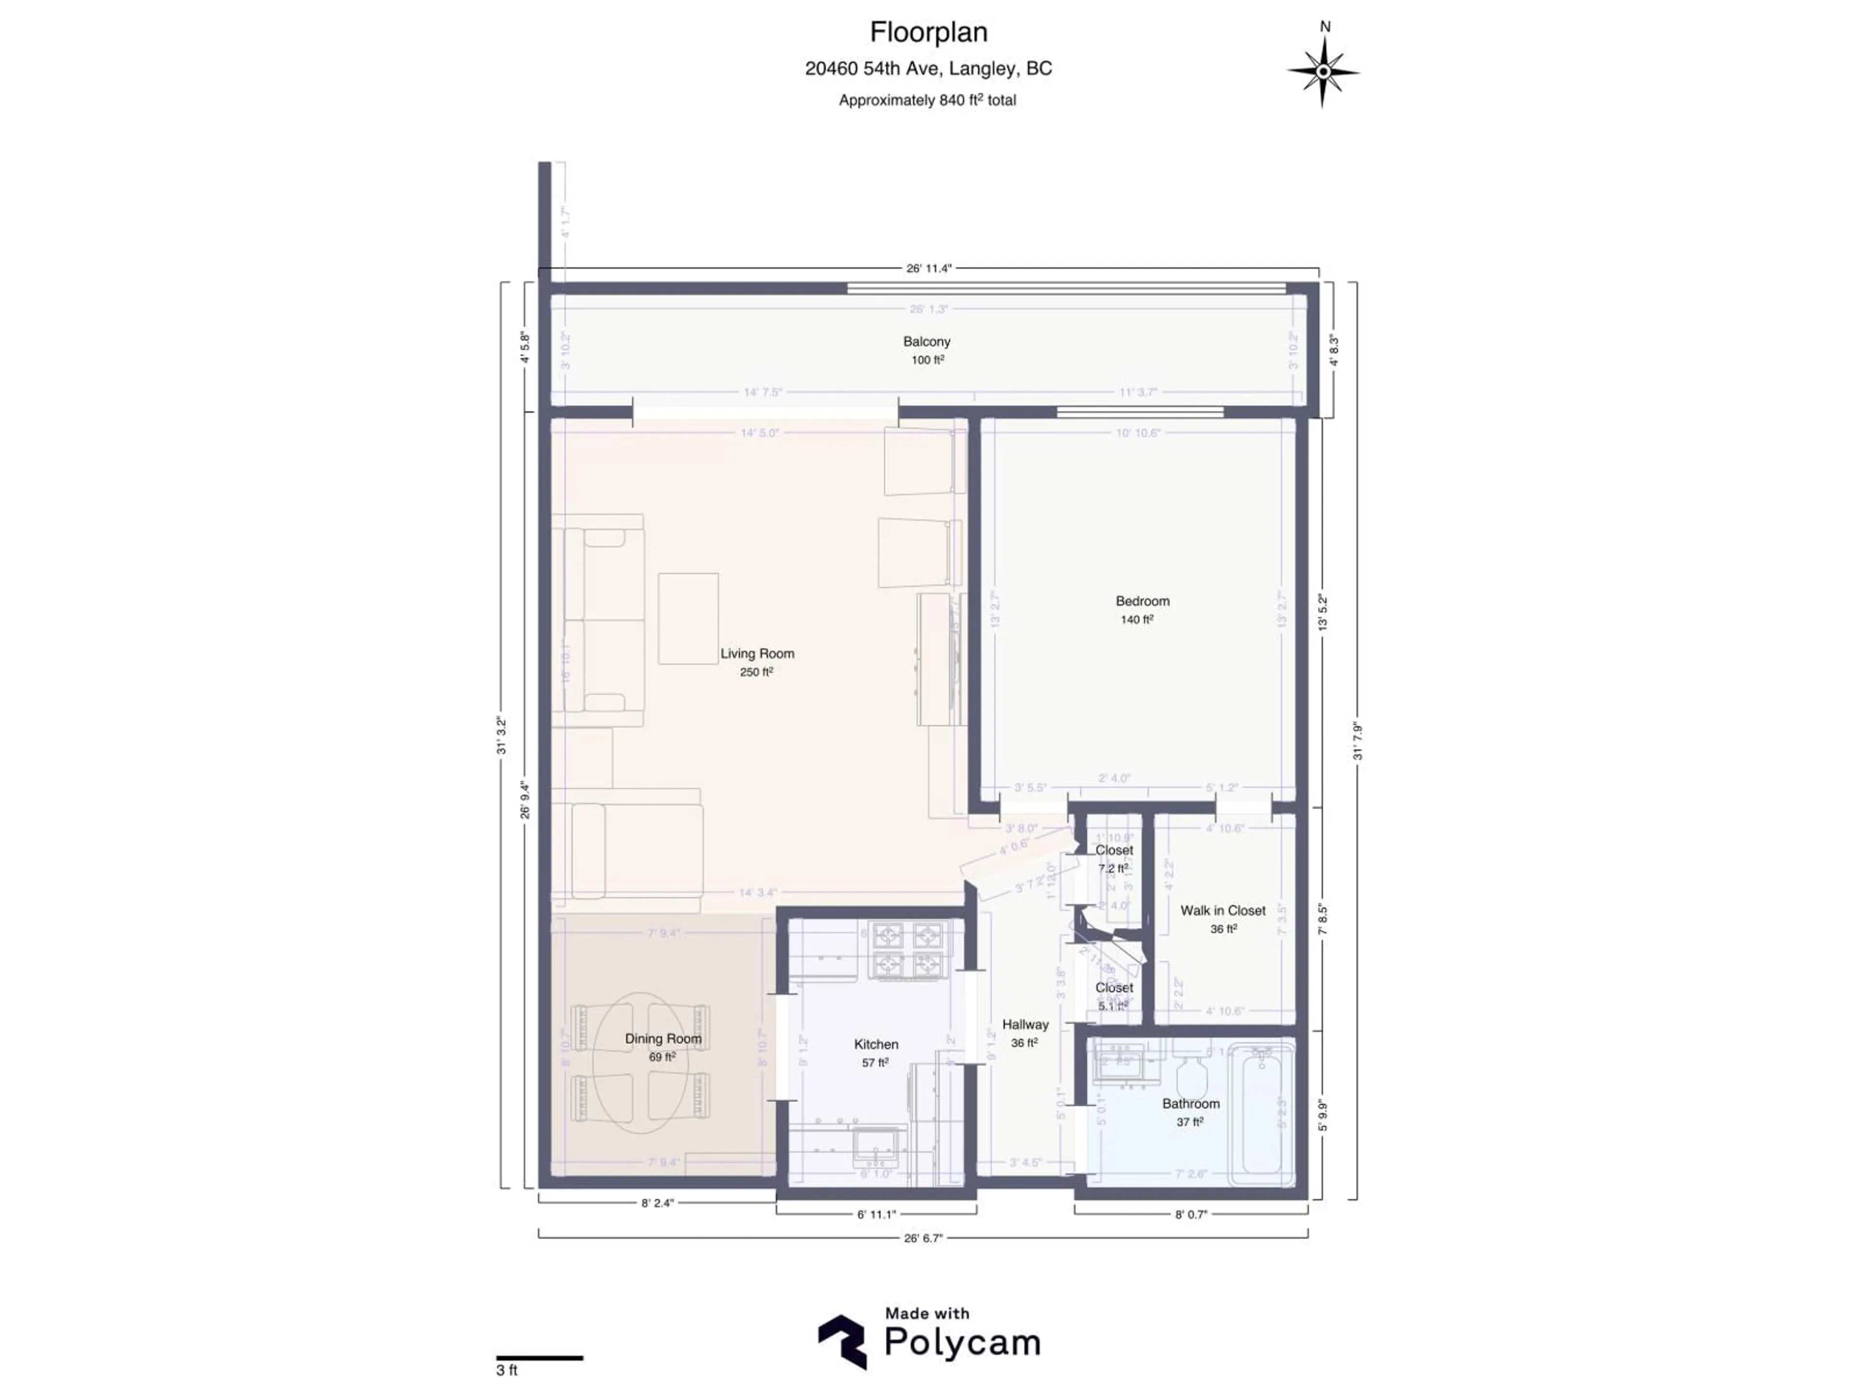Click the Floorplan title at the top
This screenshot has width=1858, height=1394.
(928, 33)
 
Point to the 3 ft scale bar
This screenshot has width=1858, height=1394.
(539, 1358)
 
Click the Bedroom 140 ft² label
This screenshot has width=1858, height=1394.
(1141, 610)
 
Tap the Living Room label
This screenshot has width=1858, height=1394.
(757, 654)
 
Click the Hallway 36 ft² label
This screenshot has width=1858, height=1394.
(1025, 1033)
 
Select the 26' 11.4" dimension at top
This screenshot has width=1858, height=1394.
(928, 269)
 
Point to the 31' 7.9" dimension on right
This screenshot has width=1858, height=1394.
(1357, 741)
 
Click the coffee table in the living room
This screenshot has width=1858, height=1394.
(688, 619)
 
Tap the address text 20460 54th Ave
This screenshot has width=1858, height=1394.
(928, 69)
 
